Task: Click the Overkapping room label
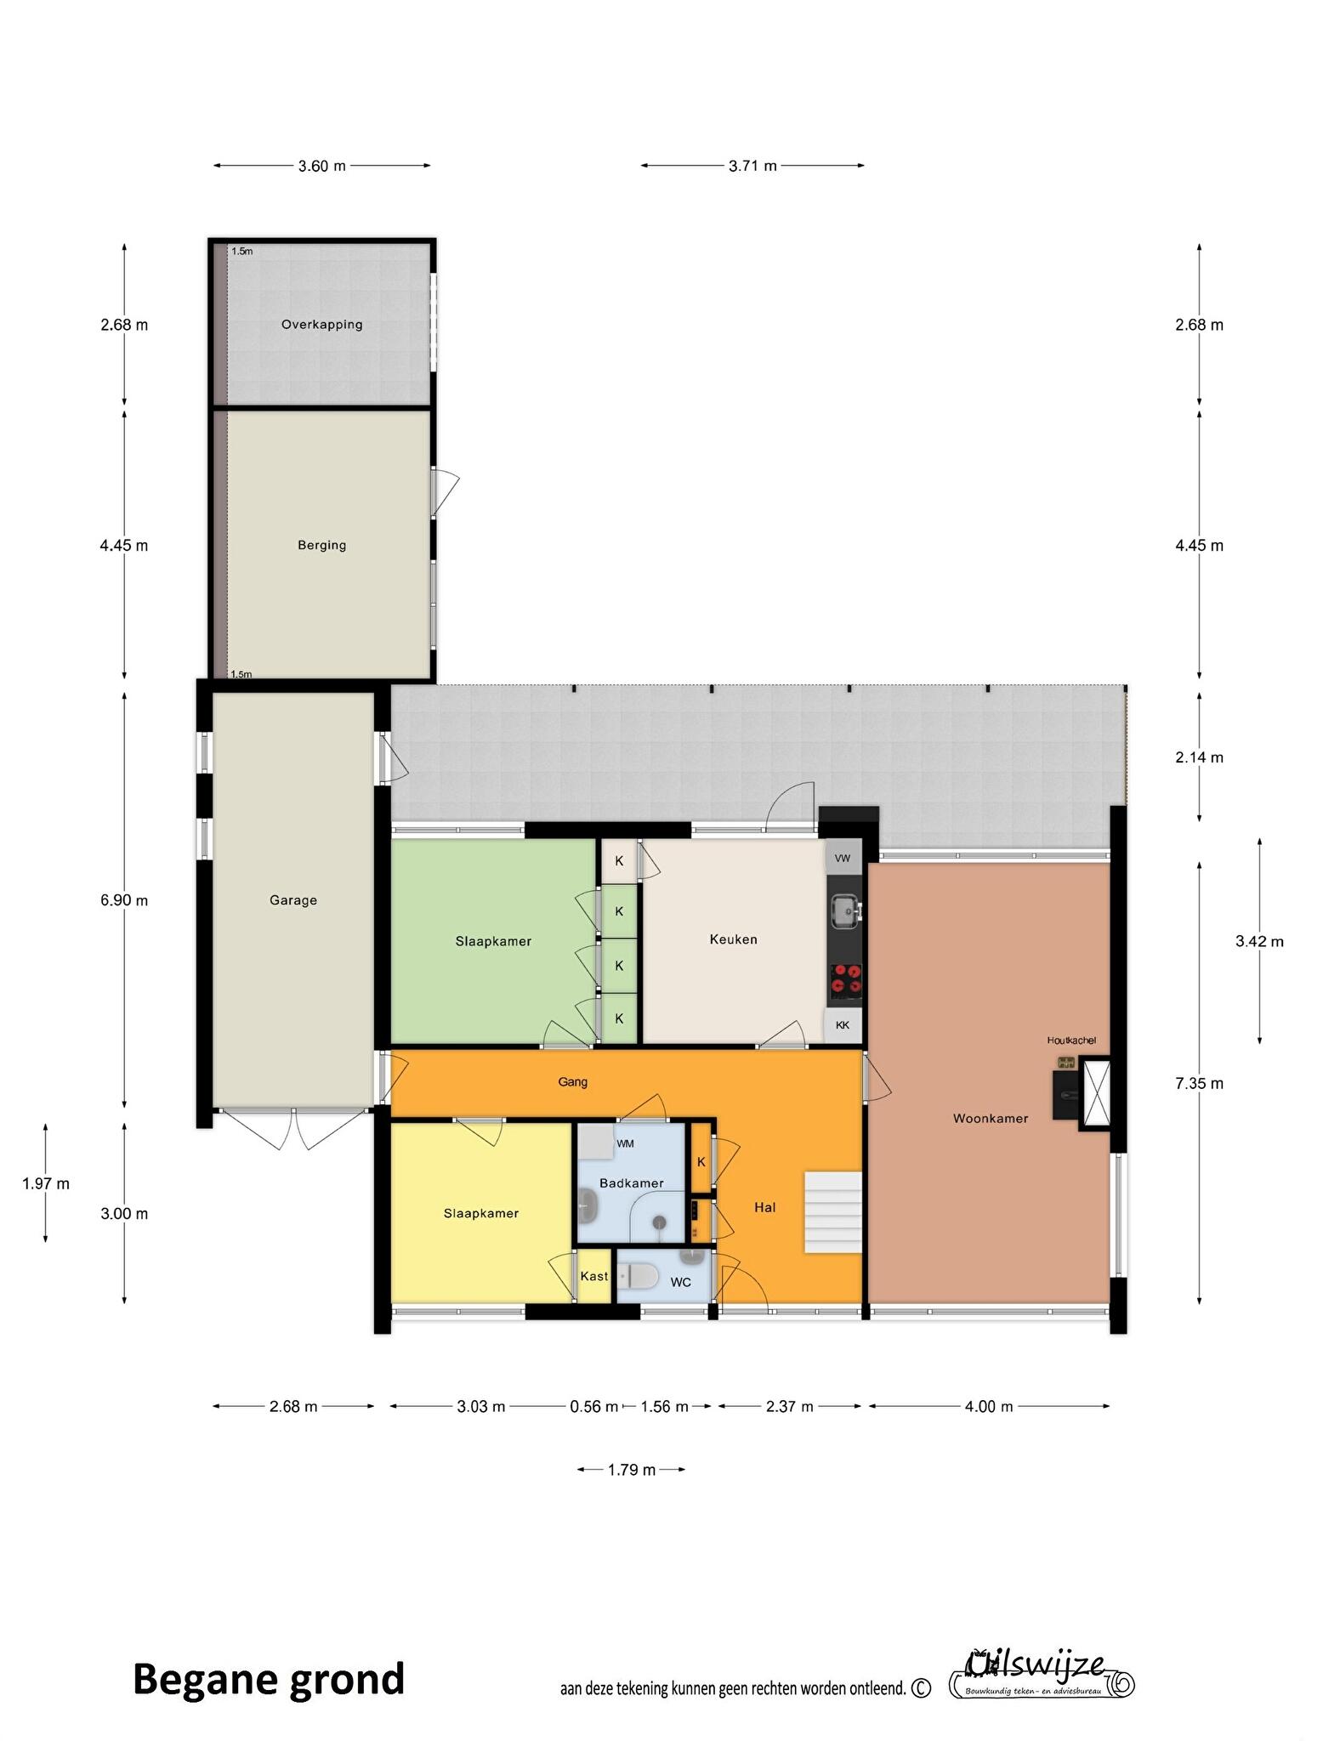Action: [321, 324]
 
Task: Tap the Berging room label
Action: [321, 545]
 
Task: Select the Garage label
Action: [293, 899]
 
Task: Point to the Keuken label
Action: [733, 939]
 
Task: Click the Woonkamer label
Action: [991, 1119]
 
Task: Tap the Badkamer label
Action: [631, 1183]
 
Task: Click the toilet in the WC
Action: [638, 1276]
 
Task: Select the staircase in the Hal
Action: [833, 1211]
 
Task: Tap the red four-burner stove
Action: [845, 978]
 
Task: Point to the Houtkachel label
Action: [1071, 1040]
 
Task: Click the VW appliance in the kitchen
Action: [843, 858]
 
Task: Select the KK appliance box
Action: [843, 1025]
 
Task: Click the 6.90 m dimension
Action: [124, 900]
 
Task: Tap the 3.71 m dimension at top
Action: [752, 166]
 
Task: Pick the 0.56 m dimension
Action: [593, 1407]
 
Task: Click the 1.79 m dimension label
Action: [632, 1470]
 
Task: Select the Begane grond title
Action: [269, 1680]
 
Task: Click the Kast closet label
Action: [594, 1276]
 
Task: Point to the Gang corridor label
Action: [573, 1082]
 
